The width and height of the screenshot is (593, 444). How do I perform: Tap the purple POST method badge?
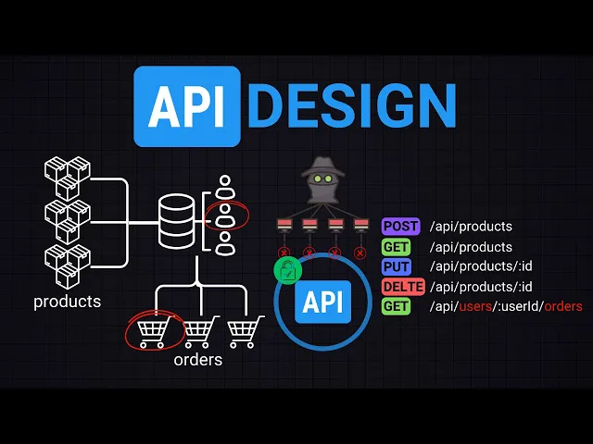click(x=401, y=227)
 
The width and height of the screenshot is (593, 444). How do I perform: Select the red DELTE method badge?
click(x=403, y=287)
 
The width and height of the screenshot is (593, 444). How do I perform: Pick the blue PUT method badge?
click(x=396, y=267)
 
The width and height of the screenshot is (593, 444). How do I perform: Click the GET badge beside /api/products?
click(x=396, y=247)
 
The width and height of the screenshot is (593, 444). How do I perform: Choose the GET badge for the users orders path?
click(x=396, y=306)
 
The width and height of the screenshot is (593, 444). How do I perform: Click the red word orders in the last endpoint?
click(x=562, y=306)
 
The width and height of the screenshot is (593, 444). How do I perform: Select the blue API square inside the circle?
click(x=323, y=302)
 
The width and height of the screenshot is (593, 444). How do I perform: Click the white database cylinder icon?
click(x=176, y=220)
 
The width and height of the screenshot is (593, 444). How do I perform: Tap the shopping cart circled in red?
click(x=153, y=331)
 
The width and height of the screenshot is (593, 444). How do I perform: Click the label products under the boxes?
click(x=67, y=302)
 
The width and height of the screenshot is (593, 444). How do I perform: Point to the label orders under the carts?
click(x=197, y=360)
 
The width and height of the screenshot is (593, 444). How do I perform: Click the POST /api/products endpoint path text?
click(x=471, y=227)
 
